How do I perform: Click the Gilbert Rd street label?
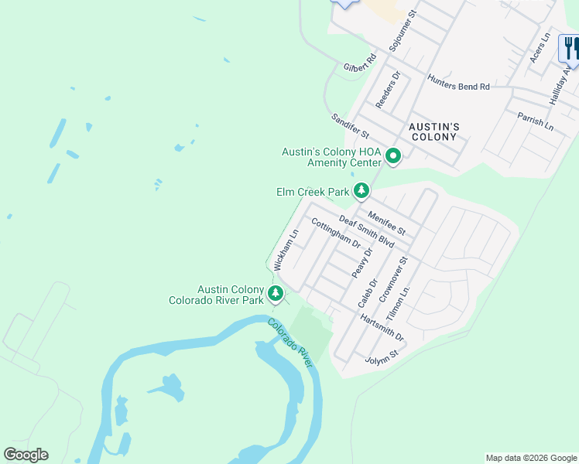(359, 63)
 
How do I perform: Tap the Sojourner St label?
(402, 32)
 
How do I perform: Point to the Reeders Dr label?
(387, 90)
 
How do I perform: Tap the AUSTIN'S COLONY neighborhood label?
(434, 131)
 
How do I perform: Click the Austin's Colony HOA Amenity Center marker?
(393, 156)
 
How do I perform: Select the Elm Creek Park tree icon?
(361, 190)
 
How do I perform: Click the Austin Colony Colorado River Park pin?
(275, 293)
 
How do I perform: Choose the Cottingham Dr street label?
(335, 232)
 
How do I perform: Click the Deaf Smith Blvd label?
(367, 231)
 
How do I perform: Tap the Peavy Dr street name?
(362, 263)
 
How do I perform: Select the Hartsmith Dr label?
(382, 327)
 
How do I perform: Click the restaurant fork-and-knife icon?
(570, 48)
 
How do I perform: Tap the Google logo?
(26, 455)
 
